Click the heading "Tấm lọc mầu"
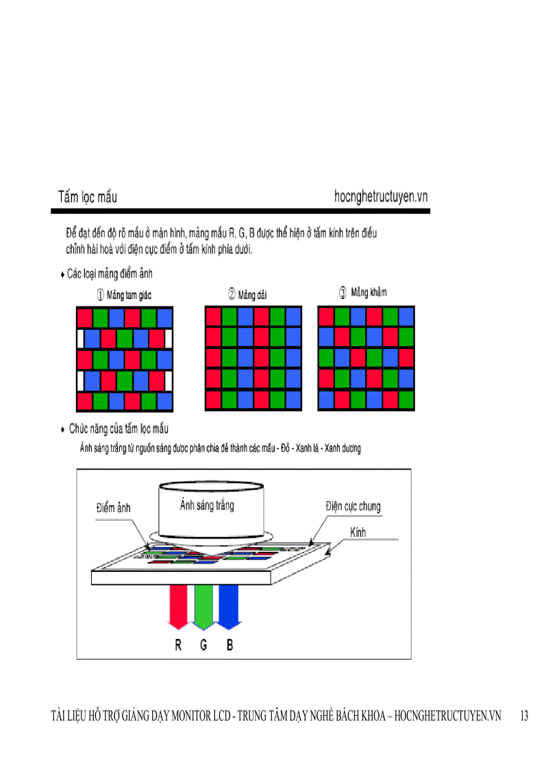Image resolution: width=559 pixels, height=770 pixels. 87,197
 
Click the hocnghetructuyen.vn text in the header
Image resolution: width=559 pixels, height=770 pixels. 381,197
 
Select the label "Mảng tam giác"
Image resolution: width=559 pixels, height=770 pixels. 129,295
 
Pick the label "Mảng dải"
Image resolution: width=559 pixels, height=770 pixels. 252,295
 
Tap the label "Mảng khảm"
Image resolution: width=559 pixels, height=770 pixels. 369,293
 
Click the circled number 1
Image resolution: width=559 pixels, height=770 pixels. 100,295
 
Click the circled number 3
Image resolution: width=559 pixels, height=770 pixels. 343,293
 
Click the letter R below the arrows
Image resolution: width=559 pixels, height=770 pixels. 178,645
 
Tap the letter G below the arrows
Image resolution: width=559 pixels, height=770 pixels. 203,645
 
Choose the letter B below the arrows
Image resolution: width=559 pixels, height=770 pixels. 229,645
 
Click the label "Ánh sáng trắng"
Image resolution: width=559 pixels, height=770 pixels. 207,505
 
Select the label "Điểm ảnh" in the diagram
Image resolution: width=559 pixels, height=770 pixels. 113,508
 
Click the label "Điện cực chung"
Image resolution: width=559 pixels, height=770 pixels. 353,507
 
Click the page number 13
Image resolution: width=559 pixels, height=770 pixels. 524,717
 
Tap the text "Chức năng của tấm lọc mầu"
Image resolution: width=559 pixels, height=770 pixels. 119,429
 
